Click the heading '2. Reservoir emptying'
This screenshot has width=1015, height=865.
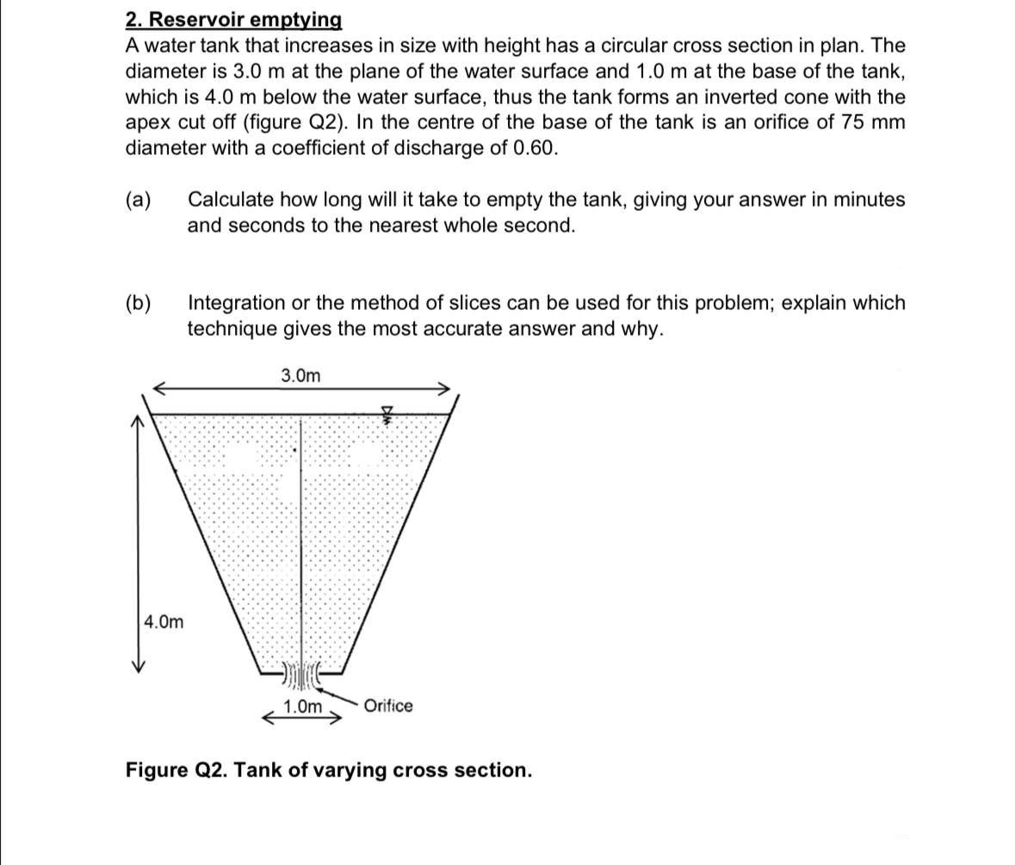point(233,20)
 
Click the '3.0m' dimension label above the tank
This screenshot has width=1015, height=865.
point(300,375)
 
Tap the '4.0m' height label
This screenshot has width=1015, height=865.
point(164,621)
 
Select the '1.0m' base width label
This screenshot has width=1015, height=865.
point(302,707)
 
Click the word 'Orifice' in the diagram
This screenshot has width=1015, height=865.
point(387,706)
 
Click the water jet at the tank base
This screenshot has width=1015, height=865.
point(300,676)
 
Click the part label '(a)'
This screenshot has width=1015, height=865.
point(139,201)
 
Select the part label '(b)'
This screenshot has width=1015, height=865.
point(139,303)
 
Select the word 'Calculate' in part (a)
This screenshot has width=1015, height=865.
point(227,200)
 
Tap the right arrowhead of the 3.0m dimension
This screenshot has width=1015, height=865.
point(444,388)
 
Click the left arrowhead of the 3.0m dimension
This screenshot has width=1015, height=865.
point(158,388)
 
